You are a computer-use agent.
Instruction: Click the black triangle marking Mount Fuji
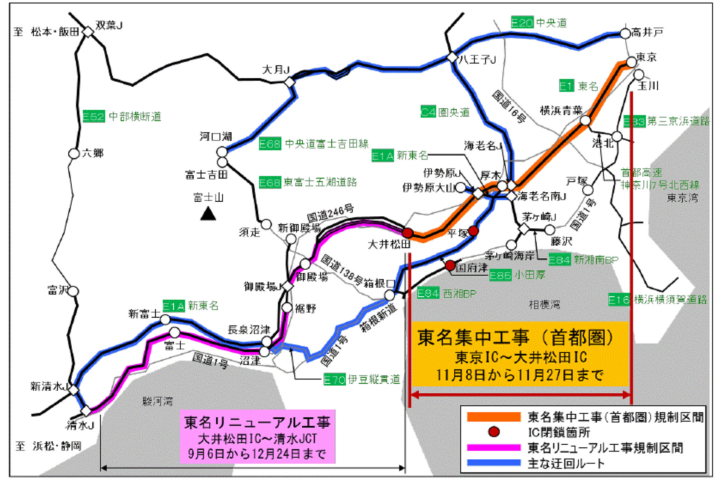click(208, 214)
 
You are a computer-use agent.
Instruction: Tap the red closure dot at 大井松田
click(407, 233)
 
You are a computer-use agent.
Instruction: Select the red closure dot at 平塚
click(474, 231)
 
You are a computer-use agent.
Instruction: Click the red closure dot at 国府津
click(450, 265)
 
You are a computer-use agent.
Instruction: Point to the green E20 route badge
click(522, 22)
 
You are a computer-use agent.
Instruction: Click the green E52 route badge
click(94, 116)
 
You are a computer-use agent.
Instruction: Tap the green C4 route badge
click(428, 112)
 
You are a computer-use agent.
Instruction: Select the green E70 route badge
click(334, 380)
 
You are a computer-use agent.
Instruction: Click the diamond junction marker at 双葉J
click(88, 32)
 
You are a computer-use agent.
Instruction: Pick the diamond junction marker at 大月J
click(290, 82)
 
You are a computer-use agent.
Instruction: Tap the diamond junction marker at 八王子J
click(452, 58)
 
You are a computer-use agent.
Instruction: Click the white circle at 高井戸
click(625, 34)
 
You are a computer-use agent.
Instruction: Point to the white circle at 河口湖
click(222, 152)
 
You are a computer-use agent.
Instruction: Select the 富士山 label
click(208, 197)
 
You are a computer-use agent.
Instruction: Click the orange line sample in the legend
click(493, 417)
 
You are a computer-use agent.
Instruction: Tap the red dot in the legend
click(493, 432)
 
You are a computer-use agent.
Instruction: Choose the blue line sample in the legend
click(493, 463)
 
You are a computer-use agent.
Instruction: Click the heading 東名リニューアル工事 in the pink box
click(257, 423)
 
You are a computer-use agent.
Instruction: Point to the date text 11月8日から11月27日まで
click(520, 375)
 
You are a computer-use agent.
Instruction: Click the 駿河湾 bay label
click(158, 402)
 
